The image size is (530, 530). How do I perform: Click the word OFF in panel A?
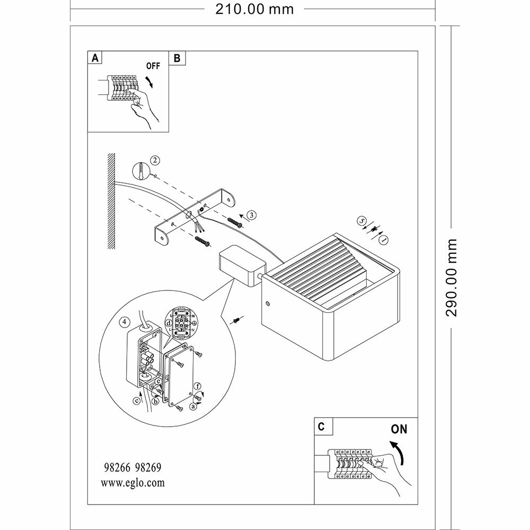tap(153, 67)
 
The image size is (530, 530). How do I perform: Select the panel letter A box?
tap(95, 58)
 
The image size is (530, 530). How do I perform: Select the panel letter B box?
tap(176, 58)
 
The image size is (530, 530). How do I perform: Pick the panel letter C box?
tap(322, 426)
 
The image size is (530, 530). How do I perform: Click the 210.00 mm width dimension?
tap(254, 9)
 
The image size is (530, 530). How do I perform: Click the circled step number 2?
tap(154, 160)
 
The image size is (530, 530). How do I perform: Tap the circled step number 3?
tap(251, 215)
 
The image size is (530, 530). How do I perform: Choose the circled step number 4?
tap(123, 322)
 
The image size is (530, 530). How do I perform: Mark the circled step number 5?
tap(362, 220)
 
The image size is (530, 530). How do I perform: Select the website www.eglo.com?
tap(132, 483)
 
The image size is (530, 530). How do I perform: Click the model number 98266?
tap(116, 468)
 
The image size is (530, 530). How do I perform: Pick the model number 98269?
tap(148, 468)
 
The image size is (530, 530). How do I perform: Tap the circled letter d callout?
tap(169, 322)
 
